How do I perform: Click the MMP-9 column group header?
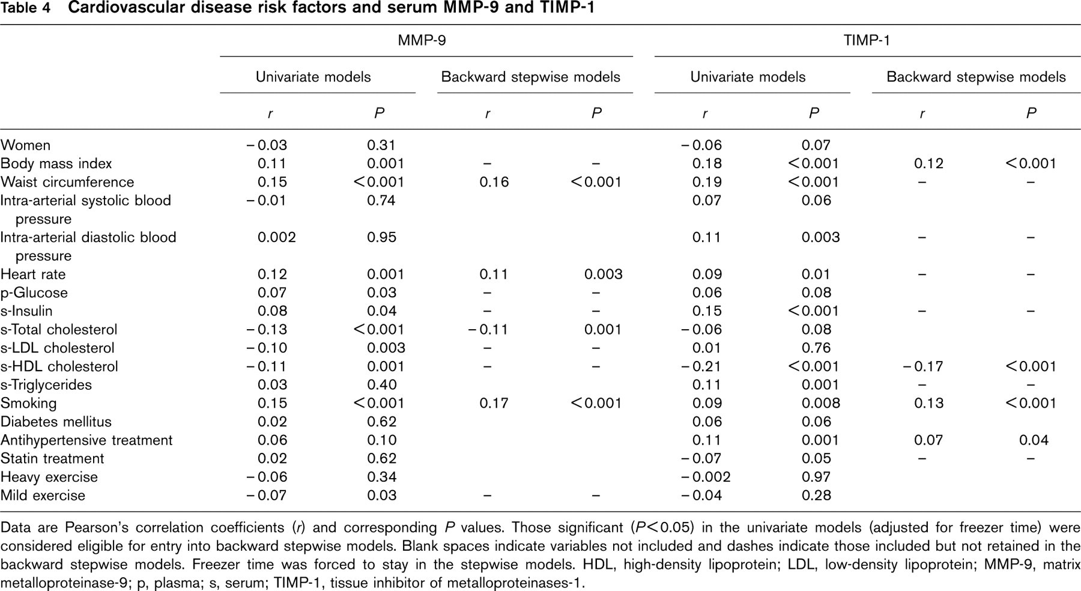422,40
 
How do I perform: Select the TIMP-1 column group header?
867,40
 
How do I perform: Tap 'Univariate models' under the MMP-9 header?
313,77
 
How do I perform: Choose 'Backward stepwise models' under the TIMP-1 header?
976,77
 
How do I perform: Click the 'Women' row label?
25,145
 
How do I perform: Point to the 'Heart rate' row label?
33,274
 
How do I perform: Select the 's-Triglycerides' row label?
46,385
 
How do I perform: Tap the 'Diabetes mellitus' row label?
56,422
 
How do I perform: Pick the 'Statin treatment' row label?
52,459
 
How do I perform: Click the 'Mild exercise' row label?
43,496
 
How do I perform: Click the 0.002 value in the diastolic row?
276,237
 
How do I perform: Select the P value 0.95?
381,237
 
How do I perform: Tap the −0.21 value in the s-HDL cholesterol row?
701,366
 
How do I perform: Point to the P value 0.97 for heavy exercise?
816,477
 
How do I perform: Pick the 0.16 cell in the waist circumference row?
494,182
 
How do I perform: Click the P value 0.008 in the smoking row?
820,404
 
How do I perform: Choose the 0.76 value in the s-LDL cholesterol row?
816,348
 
